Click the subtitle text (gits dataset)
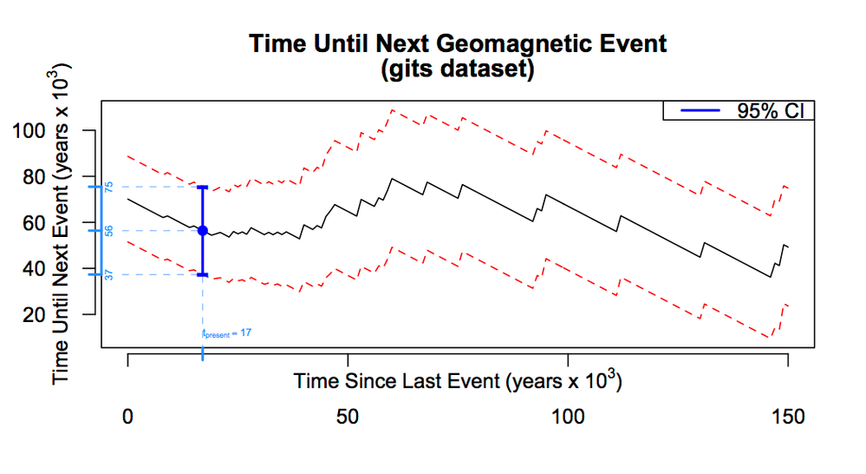[x=456, y=69]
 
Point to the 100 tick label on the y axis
[x=64, y=132]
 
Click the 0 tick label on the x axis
[x=128, y=417]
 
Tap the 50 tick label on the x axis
[x=348, y=417]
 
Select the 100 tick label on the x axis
[x=568, y=417]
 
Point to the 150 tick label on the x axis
[x=787, y=417]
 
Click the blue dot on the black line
[x=203, y=230]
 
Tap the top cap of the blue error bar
[x=203, y=187]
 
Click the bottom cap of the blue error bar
[x=203, y=274]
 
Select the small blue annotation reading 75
[x=109, y=187]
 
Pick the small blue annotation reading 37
[x=109, y=275]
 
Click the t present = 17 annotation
[x=227, y=333]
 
